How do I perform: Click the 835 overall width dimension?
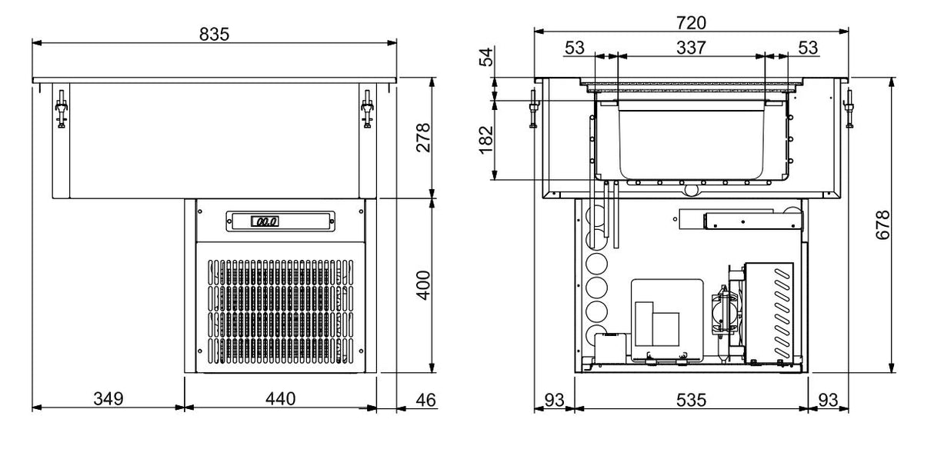pyautogui.click(x=215, y=34)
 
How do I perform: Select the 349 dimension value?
pyautogui.click(x=107, y=398)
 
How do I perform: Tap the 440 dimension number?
pyautogui.click(x=280, y=398)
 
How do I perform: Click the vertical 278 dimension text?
pyautogui.click(x=422, y=138)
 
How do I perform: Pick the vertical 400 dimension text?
pyautogui.click(x=422, y=286)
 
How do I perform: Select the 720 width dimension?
pyautogui.click(x=691, y=22)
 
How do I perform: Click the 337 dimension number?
pyautogui.click(x=691, y=47)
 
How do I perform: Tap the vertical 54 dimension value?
pyautogui.click(x=486, y=57)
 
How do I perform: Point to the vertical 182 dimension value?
pyautogui.click(x=486, y=140)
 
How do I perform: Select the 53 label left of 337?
pyautogui.click(x=575, y=47)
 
